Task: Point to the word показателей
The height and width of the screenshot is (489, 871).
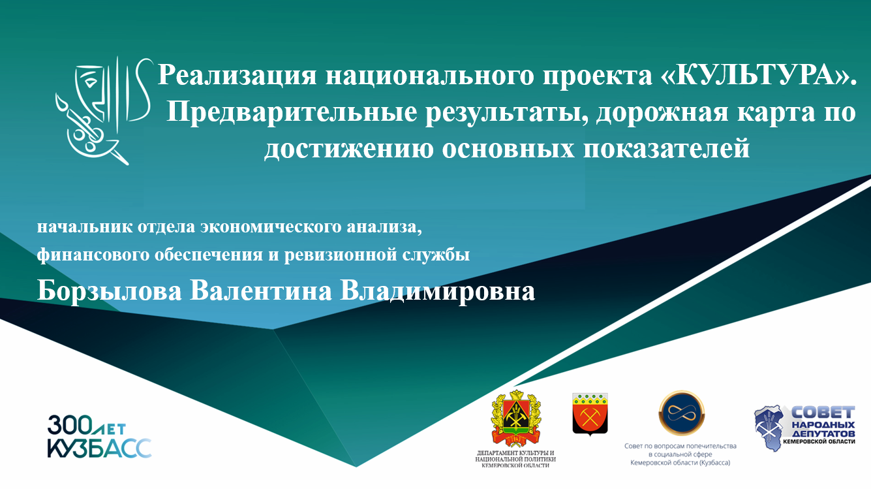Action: [x=666, y=149]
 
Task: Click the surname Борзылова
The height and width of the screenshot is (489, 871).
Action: [x=109, y=292]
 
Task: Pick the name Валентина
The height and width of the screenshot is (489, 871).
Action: [x=261, y=291]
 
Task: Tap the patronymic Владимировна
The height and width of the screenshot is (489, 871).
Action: [x=437, y=292]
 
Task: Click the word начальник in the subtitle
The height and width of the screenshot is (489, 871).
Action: [x=85, y=227]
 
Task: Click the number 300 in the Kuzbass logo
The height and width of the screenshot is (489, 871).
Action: [x=70, y=425]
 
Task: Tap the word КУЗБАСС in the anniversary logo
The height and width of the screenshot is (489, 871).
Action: [x=100, y=449]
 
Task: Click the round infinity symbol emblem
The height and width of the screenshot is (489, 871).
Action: [x=682, y=413]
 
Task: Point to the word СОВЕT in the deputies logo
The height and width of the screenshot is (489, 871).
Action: [x=823, y=413]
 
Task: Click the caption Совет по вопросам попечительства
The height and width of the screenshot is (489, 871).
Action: [x=680, y=446]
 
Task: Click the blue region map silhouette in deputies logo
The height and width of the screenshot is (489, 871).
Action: [x=769, y=428]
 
